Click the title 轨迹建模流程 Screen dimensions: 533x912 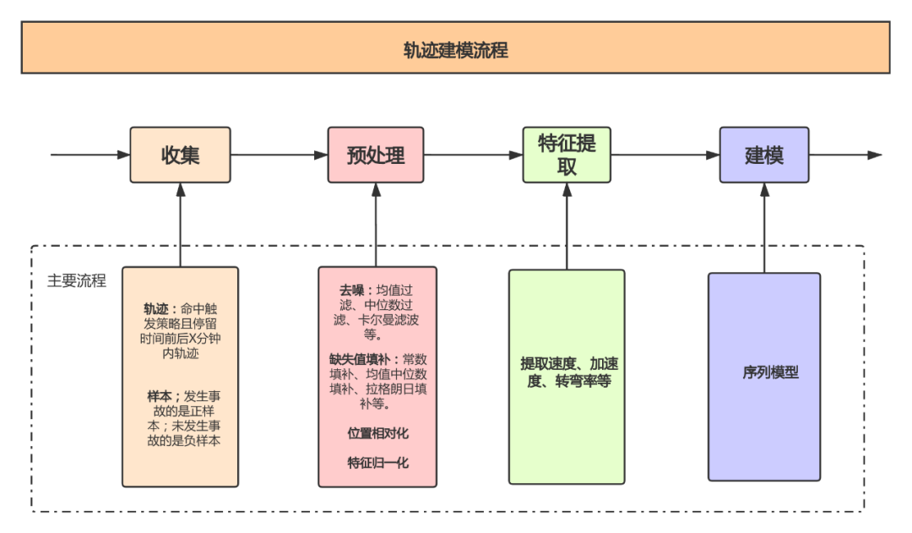point(455,50)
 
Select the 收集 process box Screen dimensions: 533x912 point(180,155)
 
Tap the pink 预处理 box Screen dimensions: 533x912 point(376,155)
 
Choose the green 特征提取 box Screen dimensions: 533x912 point(567,155)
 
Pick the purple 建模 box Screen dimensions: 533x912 point(763,155)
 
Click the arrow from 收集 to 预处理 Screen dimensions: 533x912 point(279,155)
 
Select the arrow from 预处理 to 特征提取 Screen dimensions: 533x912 point(473,155)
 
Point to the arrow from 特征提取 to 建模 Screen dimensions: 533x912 point(665,155)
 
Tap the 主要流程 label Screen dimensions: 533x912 point(77,281)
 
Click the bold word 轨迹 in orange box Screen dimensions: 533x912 point(156,308)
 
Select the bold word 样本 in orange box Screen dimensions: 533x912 point(160,395)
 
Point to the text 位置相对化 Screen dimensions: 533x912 point(377,433)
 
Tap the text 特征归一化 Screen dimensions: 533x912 point(377,463)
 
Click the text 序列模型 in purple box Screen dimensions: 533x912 point(770,373)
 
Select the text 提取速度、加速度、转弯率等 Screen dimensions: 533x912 point(567,373)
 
